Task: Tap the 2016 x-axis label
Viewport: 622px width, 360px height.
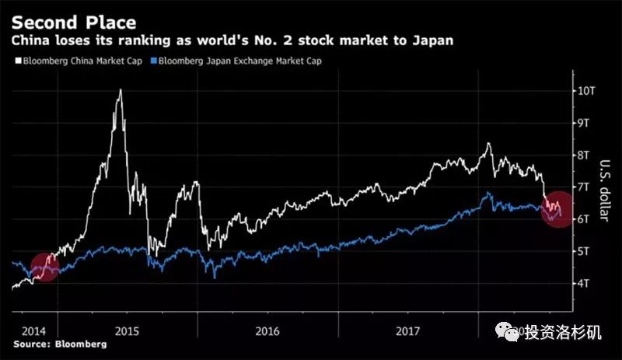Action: point(267,330)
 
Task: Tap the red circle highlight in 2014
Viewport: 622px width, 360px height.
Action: point(44,267)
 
